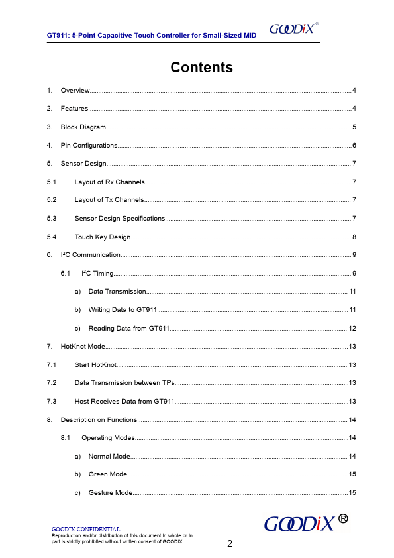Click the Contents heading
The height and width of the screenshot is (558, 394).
(201, 67)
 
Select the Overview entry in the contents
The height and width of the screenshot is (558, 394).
(75, 90)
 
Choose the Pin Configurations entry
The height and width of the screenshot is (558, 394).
(89, 145)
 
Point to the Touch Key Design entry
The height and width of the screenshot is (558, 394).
(103, 237)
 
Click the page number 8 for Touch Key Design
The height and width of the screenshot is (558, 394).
(355, 237)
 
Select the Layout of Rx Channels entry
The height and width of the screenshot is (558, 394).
(109, 182)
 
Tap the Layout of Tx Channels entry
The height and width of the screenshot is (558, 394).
(109, 199)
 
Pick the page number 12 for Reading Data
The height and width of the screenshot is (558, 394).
(353, 328)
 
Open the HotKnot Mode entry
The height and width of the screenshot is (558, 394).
(83, 346)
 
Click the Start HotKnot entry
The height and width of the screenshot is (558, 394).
(95, 364)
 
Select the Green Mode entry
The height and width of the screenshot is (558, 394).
(107, 474)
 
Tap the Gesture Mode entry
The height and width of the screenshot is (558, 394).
(110, 492)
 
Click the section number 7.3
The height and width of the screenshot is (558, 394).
(51, 401)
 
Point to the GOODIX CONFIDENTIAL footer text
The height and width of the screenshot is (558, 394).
(85, 529)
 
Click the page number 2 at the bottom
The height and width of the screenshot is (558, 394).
(230, 544)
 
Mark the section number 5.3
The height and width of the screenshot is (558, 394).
(51, 218)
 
